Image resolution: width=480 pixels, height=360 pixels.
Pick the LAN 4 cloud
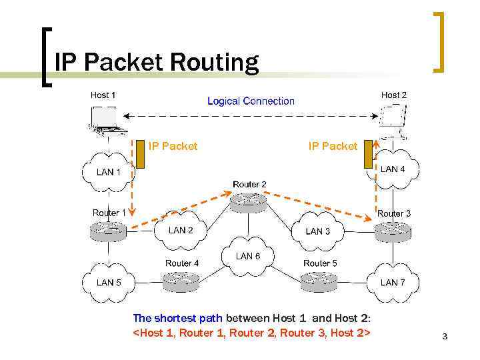coord(392,170)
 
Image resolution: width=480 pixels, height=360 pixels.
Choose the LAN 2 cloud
coord(180,231)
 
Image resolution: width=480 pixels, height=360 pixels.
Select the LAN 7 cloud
coord(392,282)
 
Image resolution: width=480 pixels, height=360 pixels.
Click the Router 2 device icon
coord(249,201)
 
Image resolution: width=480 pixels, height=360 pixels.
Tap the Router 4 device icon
coord(181,281)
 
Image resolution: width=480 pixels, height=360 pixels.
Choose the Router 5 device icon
coord(319,281)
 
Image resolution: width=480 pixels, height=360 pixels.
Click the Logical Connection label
coord(251,101)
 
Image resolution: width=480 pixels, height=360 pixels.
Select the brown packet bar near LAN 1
coord(141,155)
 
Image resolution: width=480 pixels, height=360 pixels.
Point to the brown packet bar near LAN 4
coord(367,155)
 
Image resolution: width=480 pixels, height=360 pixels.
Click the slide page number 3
coord(445,337)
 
